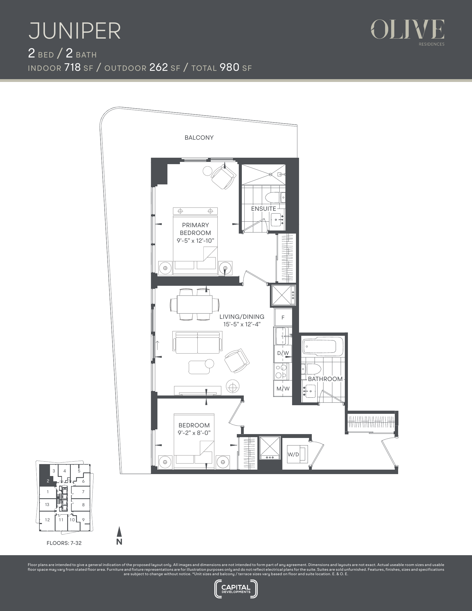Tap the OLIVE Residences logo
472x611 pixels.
click(x=407, y=32)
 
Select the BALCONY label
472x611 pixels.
click(x=199, y=138)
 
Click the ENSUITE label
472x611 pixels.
click(x=263, y=209)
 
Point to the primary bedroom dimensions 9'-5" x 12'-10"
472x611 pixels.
click(x=195, y=241)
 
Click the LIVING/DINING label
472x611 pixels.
click(x=242, y=317)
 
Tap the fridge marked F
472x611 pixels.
click(x=283, y=317)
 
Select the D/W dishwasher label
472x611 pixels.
click(x=283, y=353)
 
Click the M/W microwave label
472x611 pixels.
click(x=283, y=389)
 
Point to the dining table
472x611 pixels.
click(x=195, y=304)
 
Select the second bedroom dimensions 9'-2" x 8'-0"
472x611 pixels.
click(x=194, y=433)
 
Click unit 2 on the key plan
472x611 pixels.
click(x=48, y=481)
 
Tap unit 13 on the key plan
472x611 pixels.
click(x=47, y=504)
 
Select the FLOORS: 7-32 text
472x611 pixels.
click(x=64, y=543)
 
